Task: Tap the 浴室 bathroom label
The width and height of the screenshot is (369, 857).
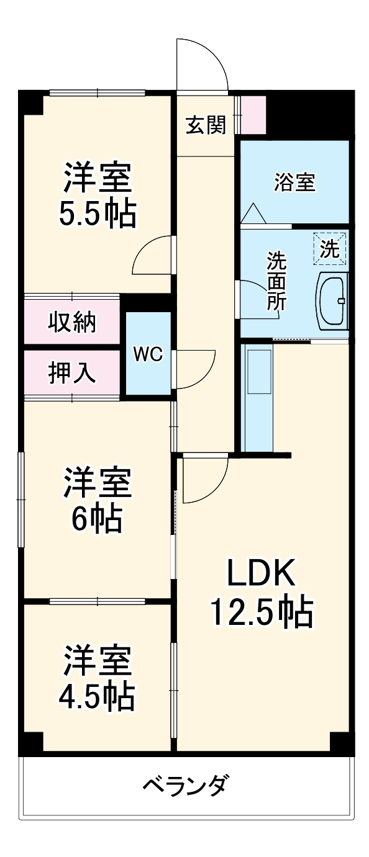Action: [295, 182]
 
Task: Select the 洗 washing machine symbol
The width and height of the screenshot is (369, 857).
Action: [330, 248]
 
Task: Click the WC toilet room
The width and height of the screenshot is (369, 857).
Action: [148, 354]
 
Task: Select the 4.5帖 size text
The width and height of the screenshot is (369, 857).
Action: [97, 696]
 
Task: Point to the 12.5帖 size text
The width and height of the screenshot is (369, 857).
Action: [260, 612]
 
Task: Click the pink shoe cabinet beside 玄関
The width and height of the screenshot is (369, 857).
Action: [253, 115]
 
